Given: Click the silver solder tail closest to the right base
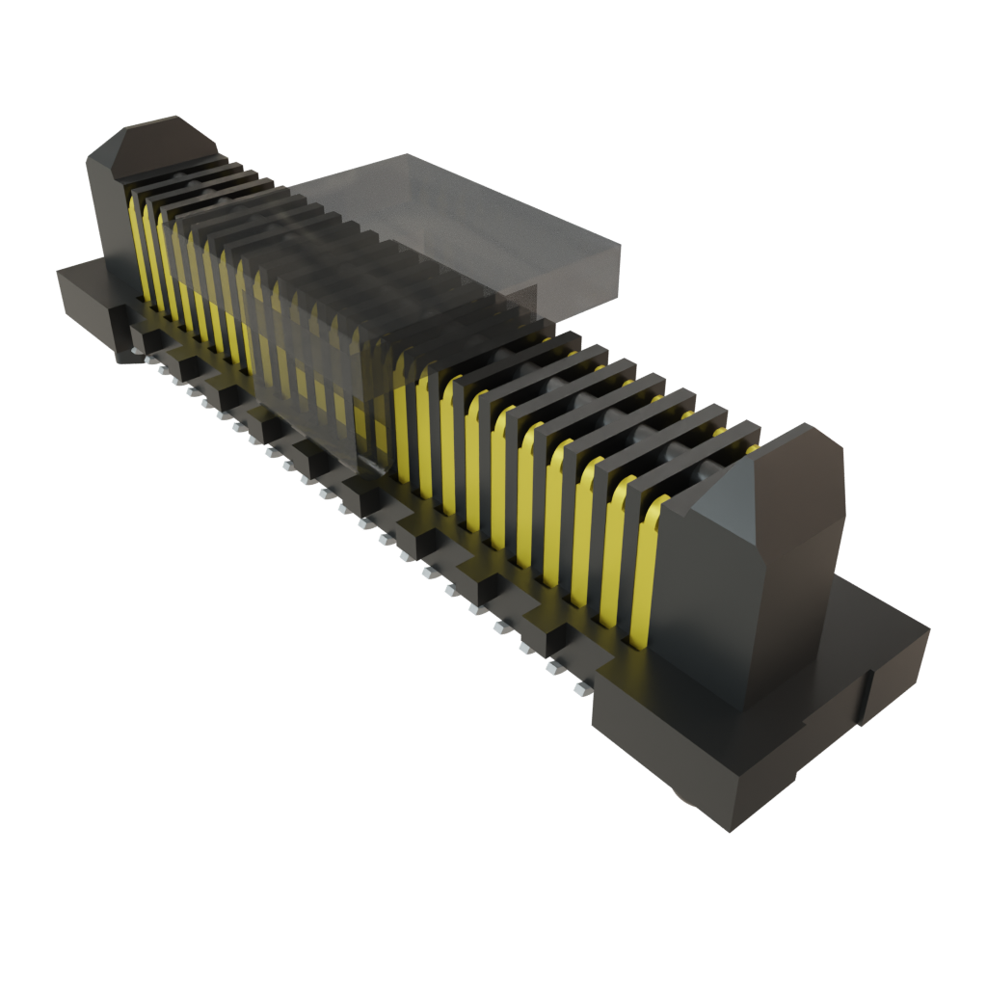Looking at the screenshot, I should click(581, 690).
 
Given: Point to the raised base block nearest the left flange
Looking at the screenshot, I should click(145, 337).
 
